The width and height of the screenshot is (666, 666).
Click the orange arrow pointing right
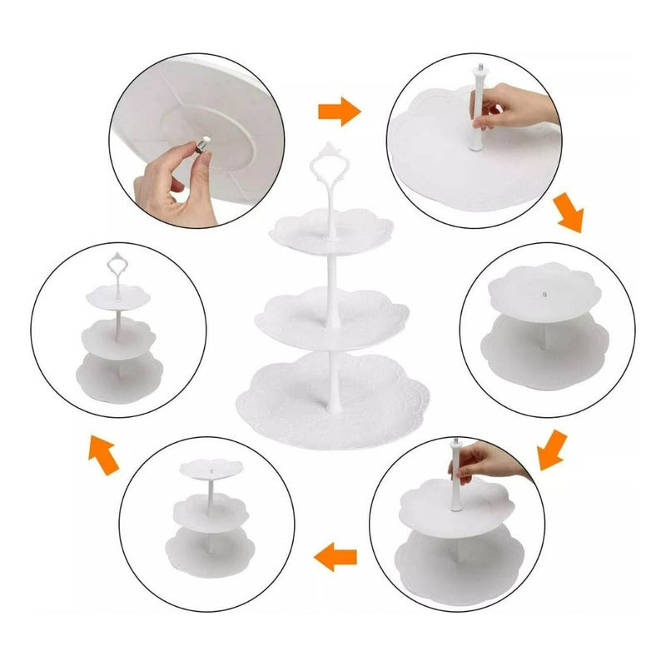(x=339, y=112)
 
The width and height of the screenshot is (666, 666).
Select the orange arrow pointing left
(x=337, y=555)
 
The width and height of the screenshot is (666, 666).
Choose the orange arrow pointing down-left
(x=552, y=449)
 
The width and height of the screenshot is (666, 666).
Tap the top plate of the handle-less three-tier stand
(x=206, y=468)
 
